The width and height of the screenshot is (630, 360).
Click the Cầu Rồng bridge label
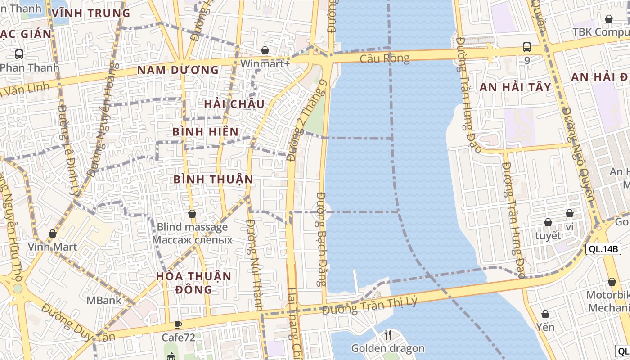pyautogui.click(x=384, y=58)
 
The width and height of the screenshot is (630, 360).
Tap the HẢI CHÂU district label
pyautogui.click(x=234, y=104)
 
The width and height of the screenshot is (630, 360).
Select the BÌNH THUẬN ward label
pyautogui.click(x=213, y=179)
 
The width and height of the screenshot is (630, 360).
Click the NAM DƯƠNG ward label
pyautogui.click(x=178, y=70)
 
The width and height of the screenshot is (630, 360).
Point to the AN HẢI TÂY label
pyautogui.click(x=515, y=87)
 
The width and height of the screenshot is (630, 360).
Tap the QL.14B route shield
pyautogui.click(x=603, y=249)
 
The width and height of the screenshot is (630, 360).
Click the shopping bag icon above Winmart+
pyautogui.click(x=265, y=50)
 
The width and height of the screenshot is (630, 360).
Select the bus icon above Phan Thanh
pyautogui.click(x=19, y=54)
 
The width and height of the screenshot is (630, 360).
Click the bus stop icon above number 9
pyautogui.click(x=526, y=47)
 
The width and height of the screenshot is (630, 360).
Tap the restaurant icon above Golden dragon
pyautogui.click(x=388, y=334)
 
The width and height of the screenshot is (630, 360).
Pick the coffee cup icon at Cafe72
pyautogui.click(x=178, y=324)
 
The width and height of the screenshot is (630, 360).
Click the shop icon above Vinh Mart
pyautogui.click(x=53, y=234)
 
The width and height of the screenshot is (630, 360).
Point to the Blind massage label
pyautogui.click(x=192, y=227)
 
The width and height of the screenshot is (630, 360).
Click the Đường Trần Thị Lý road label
pyautogui.click(x=370, y=306)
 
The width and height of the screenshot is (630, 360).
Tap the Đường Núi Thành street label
pyautogui.click(x=255, y=265)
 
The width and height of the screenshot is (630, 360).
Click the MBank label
pyautogui.click(x=103, y=300)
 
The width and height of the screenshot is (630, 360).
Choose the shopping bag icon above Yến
pyautogui.click(x=545, y=314)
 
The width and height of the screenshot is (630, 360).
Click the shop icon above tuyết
pyautogui.click(x=548, y=222)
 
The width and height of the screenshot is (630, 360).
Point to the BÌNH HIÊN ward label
pyautogui.click(x=206, y=132)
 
